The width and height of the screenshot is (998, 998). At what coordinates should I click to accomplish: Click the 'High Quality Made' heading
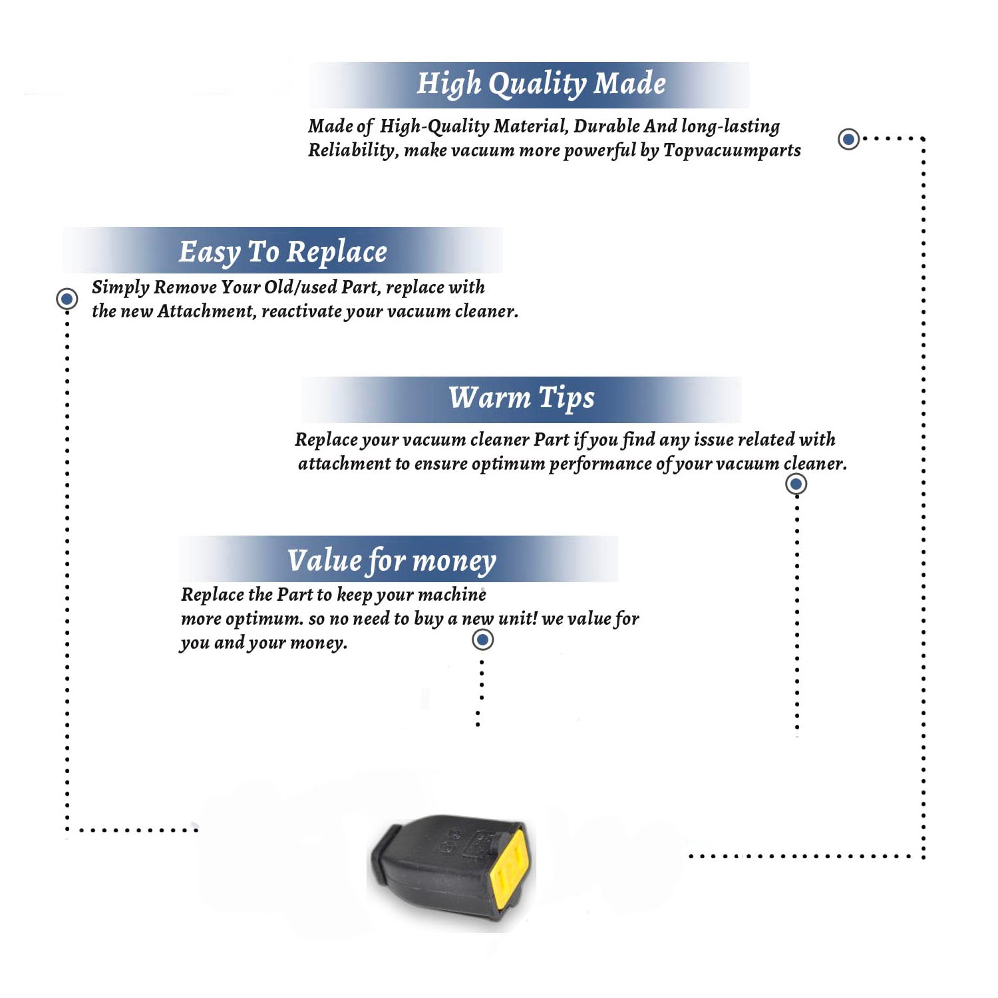pos(541,84)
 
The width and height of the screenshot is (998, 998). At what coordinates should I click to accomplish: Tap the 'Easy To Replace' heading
pos(283,253)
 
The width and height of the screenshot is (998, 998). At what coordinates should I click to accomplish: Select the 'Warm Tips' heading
pos(522,399)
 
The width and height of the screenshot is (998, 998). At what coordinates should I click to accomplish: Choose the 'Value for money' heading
pos(392,561)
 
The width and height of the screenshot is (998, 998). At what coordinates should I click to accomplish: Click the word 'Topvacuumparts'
pos(732,151)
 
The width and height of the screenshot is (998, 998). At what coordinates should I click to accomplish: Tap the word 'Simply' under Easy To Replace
pos(120,288)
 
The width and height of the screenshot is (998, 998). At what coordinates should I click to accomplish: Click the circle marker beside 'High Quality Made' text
pos(848,139)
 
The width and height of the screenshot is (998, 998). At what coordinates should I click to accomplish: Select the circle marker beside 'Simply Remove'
pos(67,299)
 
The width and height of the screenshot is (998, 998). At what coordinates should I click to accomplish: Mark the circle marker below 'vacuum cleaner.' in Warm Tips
pos(796,484)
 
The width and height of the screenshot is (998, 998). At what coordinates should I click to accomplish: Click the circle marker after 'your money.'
pos(482,640)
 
